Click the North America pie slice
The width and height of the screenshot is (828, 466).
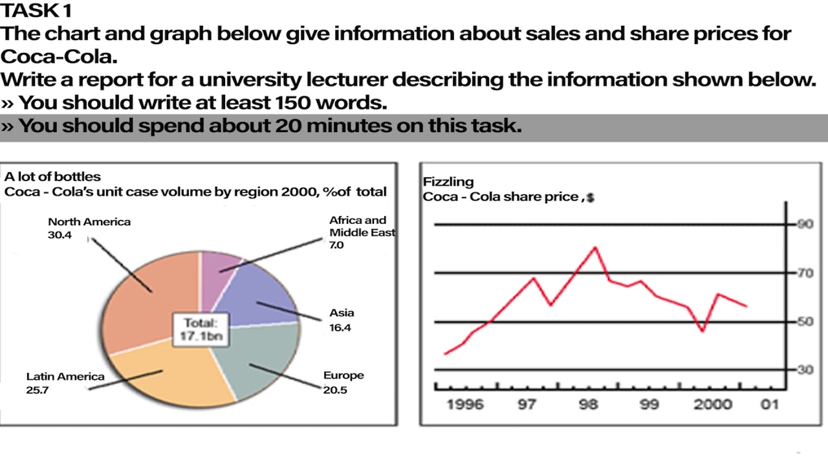tap(146, 298)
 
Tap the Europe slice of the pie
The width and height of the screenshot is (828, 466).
tap(256, 362)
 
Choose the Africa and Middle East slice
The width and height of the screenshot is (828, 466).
tap(220, 269)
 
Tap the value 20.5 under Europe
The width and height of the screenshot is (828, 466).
tap(335, 390)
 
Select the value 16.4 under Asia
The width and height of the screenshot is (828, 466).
tap(340, 327)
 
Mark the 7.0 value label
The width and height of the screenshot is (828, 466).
tap(337, 246)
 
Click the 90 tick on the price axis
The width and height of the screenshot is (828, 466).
tap(804, 225)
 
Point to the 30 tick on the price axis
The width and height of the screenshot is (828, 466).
tap(804, 370)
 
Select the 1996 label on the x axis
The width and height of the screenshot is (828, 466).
tap(464, 405)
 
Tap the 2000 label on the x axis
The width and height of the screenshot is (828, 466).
tap(713, 405)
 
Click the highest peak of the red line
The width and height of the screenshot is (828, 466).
tap(595, 247)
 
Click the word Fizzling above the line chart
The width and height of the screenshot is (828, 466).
tap(448, 182)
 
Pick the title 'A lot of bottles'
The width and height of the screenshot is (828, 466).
tap(52, 177)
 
